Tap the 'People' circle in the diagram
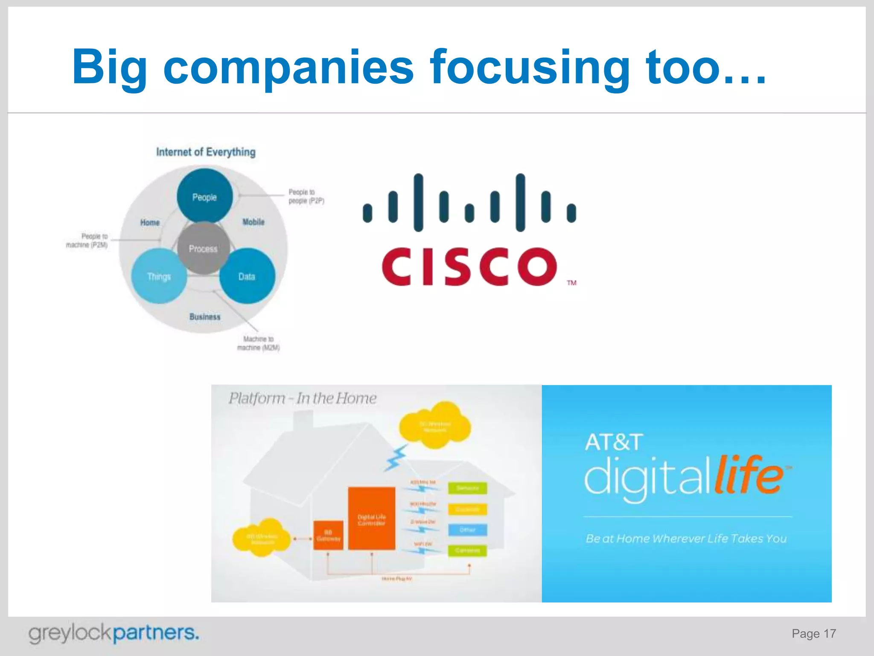coord(204,197)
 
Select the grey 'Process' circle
coord(203,248)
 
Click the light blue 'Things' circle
coord(159,276)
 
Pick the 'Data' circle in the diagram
coord(247,276)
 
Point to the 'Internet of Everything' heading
coord(206,152)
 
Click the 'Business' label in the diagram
coord(205,316)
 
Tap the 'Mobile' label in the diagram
coord(253,222)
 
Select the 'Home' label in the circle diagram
coord(150,223)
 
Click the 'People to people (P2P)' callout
coord(306,196)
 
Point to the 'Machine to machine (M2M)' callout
coord(258,343)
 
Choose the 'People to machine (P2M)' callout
coord(87,240)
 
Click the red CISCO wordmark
coord(469,267)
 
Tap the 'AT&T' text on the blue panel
coord(614,442)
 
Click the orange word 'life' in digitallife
coord(749,475)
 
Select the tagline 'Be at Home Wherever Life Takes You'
coord(686,539)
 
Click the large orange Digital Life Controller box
coord(371,518)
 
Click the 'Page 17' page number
coord(813,633)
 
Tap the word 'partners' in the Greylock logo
coord(156,633)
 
